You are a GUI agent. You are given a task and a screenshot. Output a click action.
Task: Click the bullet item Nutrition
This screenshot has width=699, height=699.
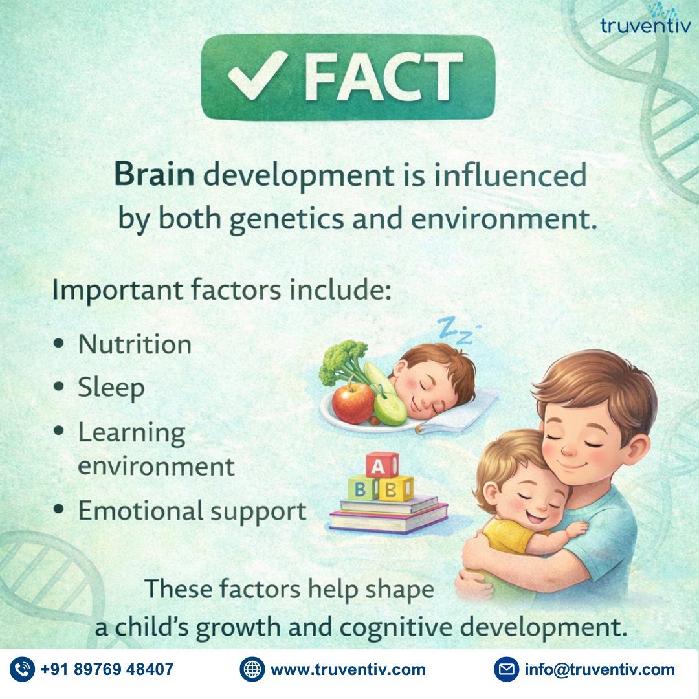click(x=135, y=344)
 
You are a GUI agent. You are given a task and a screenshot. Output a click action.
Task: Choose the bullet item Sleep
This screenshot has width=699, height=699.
click(x=111, y=388)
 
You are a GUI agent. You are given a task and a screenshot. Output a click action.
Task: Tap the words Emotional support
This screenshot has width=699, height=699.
click(x=192, y=511)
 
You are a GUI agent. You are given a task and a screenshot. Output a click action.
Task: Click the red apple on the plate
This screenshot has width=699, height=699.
click(x=353, y=402)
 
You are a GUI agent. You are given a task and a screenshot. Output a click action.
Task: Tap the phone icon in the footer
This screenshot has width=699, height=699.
click(x=23, y=669)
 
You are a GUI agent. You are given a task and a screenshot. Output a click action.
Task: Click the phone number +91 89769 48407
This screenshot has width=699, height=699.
click(x=107, y=669)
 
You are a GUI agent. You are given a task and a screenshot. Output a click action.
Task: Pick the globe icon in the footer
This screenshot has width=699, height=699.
click(x=252, y=669)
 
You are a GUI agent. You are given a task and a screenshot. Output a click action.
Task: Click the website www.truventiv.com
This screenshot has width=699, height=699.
click(x=348, y=669)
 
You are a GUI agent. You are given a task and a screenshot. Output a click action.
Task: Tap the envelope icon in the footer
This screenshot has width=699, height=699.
click(x=507, y=669)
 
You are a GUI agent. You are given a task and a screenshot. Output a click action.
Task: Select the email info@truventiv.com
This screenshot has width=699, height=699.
click(x=599, y=669)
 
